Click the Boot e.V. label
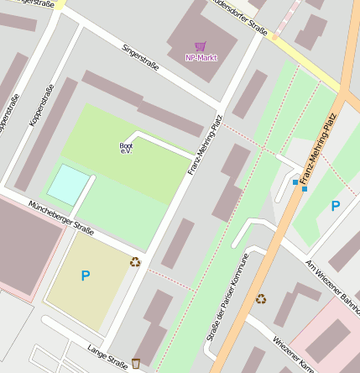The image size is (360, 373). coord(126,148)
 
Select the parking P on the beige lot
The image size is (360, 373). coord(85,276)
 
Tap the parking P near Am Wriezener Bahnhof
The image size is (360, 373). coord(336,206)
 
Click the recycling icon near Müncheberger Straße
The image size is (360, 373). coord(135,261)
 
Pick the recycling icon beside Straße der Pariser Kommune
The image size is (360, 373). coord(261,297)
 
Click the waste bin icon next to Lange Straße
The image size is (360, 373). coord(136,364)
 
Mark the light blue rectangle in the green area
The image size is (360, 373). coord(67,184)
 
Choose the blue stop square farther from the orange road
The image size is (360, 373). coord(295,181)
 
